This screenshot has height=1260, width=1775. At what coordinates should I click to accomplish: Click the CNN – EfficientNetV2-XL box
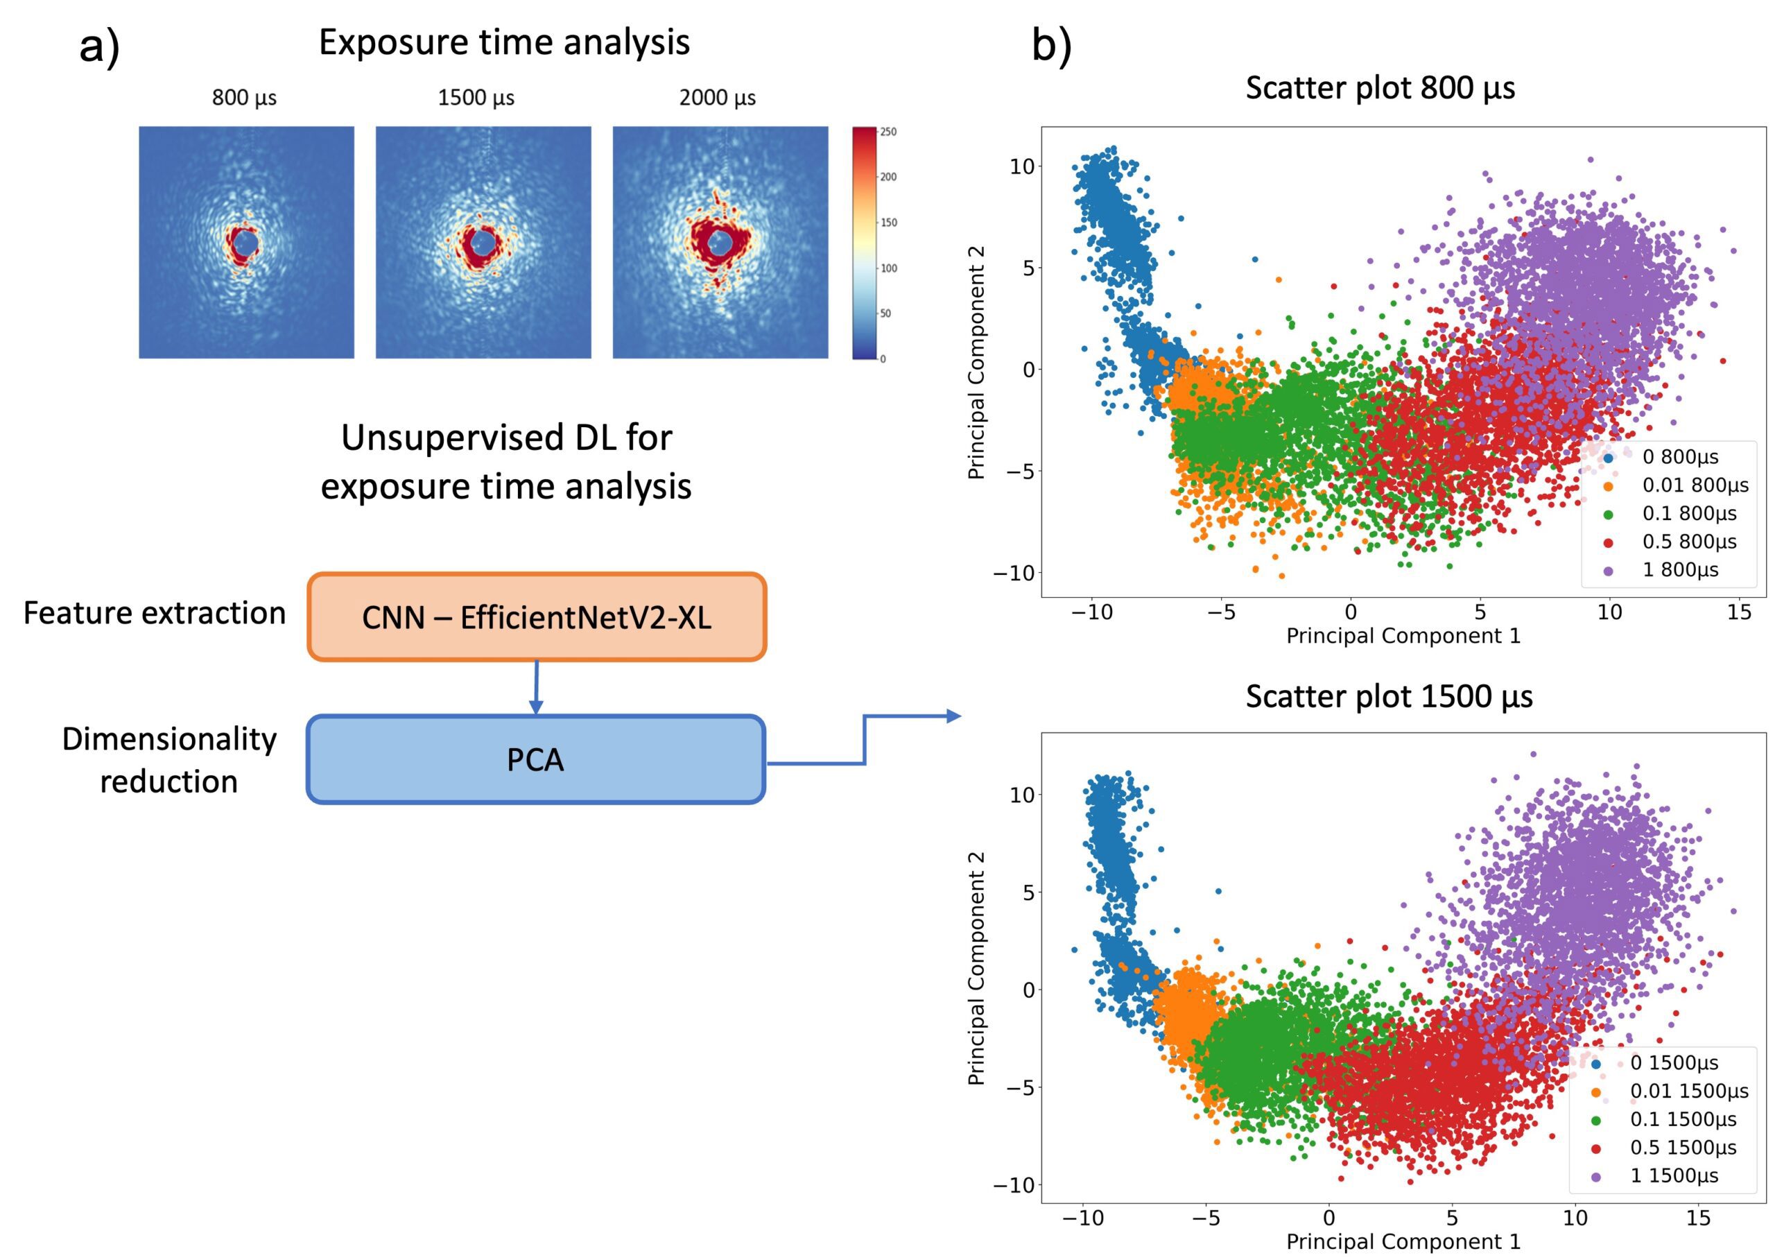pyautogui.click(x=536, y=618)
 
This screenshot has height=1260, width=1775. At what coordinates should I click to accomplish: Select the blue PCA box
pyautogui.click(x=536, y=759)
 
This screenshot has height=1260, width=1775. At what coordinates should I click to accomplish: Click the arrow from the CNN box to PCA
pyautogui.click(x=536, y=687)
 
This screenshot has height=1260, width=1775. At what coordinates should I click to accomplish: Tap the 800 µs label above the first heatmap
pyautogui.click(x=244, y=98)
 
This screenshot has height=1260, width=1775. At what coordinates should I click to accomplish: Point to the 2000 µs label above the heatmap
pyautogui.click(x=718, y=98)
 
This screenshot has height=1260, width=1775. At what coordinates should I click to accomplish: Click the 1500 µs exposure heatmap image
pyautogui.click(x=483, y=242)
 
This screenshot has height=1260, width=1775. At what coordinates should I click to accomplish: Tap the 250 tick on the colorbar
pyautogui.click(x=888, y=132)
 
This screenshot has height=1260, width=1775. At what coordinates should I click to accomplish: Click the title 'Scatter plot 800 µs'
pyautogui.click(x=1380, y=87)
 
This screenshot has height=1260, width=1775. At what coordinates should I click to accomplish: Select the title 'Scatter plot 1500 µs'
pyautogui.click(x=1389, y=696)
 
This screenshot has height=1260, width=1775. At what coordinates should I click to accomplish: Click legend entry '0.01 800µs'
pyautogui.click(x=1695, y=485)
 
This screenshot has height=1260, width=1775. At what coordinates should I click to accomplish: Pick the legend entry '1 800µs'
pyautogui.click(x=1680, y=569)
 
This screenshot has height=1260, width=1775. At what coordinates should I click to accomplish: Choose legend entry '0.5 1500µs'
pyautogui.click(x=1683, y=1147)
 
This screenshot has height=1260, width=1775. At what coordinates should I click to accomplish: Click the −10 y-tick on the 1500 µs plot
pyautogui.click(x=1013, y=1184)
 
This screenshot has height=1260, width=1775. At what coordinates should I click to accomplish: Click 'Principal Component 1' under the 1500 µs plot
pyautogui.click(x=1403, y=1241)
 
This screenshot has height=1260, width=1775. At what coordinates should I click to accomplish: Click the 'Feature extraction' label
pyautogui.click(x=155, y=613)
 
